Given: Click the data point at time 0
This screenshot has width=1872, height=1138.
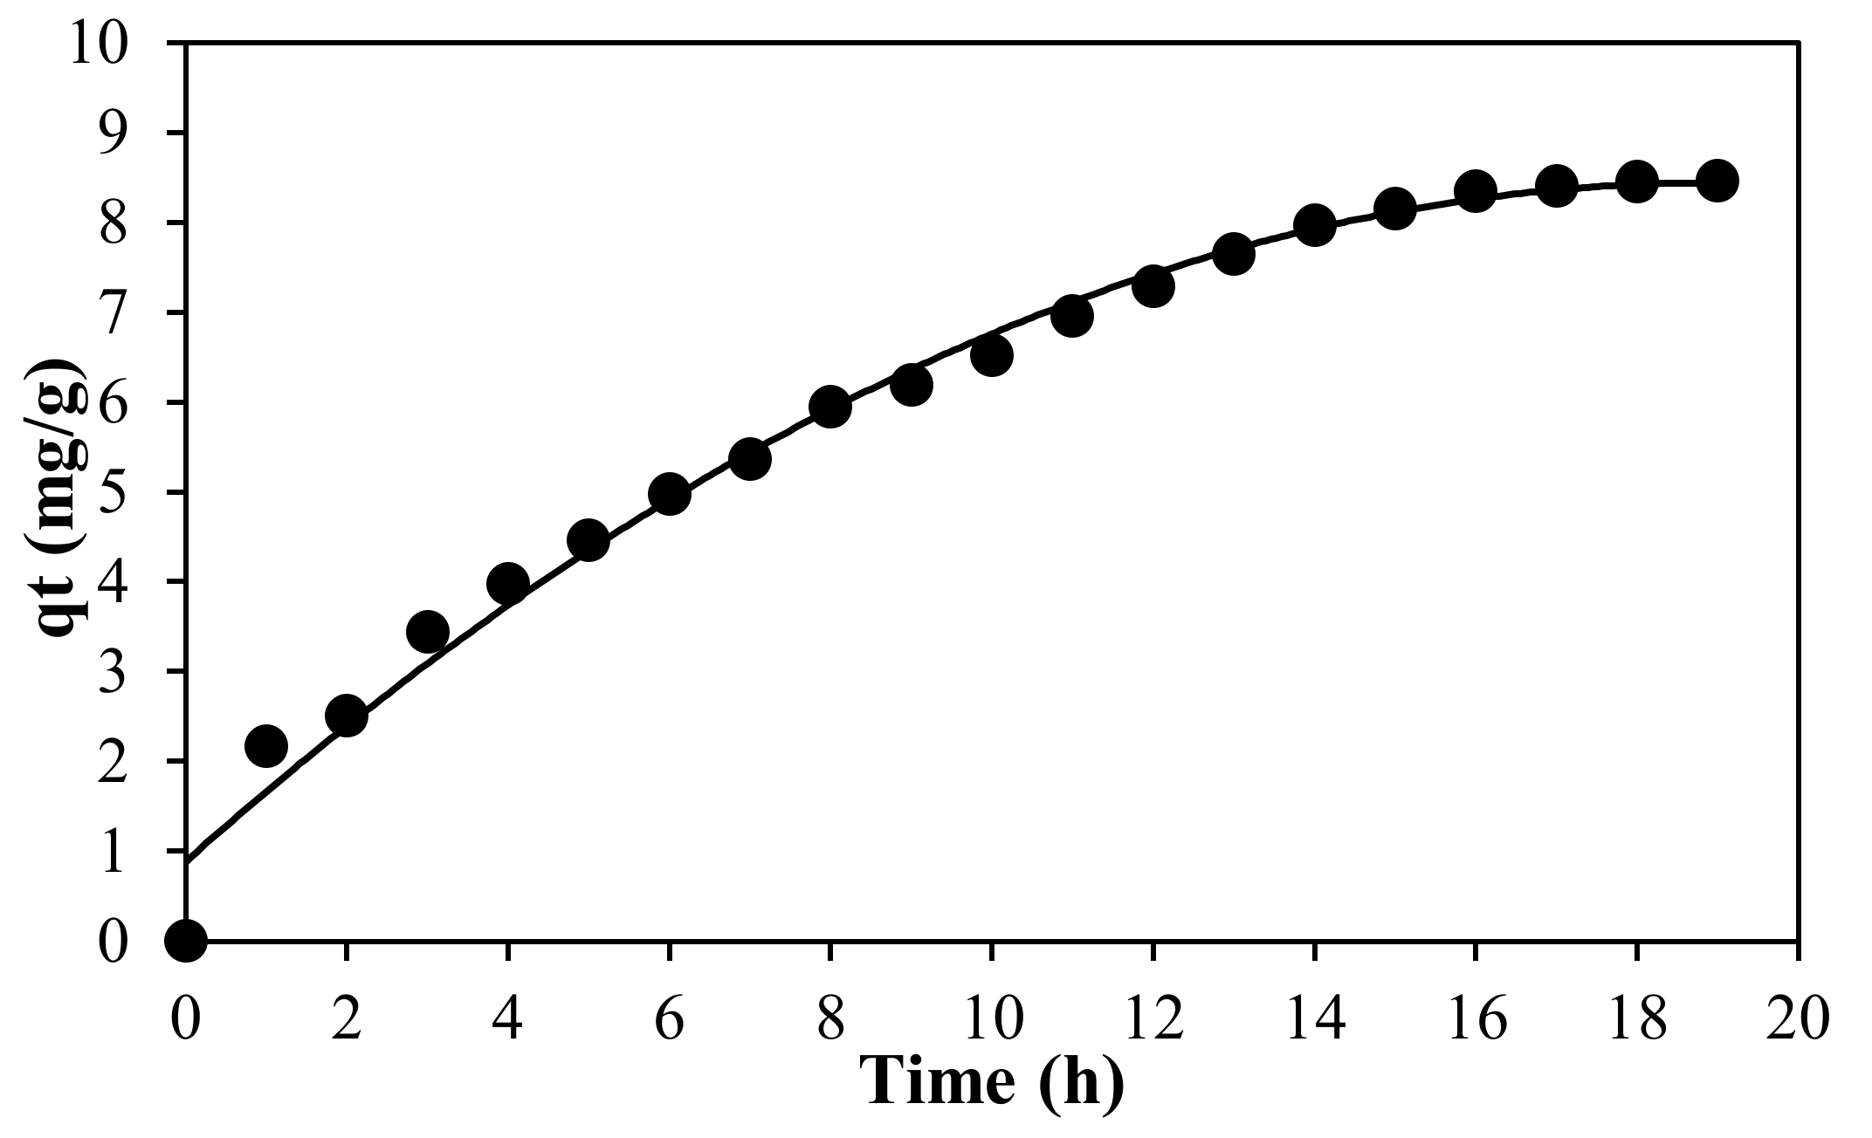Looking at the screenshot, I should click(x=186, y=941).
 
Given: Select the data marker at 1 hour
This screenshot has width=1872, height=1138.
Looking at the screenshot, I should click(x=266, y=746).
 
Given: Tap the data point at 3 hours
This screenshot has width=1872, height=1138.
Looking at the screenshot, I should click(x=428, y=631).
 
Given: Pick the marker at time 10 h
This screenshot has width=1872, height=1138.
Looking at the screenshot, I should click(x=992, y=355).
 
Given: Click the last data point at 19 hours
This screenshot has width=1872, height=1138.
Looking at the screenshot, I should click(x=1717, y=181).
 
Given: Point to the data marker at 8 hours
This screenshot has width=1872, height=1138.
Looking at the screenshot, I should click(x=830, y=407).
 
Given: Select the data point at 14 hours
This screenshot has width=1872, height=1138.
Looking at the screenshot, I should click(x=1314, y=225).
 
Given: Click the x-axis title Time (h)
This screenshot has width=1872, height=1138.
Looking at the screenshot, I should click(x=992, y=1082).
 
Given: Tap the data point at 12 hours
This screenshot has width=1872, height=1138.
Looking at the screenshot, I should click(x=1153, y=286).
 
